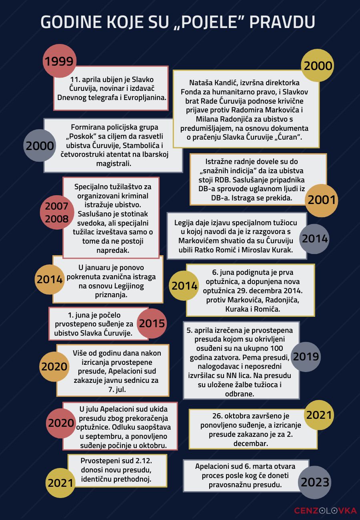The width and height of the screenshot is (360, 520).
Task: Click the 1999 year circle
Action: (59, 61)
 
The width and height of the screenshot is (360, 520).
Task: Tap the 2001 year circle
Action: (322, 200)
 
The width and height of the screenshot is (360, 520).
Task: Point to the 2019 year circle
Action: (306, 356)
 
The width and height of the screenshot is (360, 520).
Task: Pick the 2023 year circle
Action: (315, 482)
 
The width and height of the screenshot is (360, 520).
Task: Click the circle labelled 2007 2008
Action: (56, 213)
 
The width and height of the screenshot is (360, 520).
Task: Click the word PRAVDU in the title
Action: (282, 22)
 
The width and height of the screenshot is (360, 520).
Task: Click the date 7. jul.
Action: (113, 389)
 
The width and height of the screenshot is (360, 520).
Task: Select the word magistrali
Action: (113, 164)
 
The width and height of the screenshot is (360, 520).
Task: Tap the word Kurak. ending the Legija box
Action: (281, 250)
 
